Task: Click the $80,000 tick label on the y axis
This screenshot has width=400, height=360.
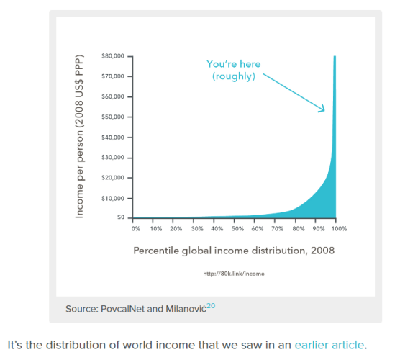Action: coord(114,55)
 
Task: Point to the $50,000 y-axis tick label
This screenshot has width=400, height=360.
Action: coord(114,117)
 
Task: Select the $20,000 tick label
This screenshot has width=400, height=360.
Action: coord(114,177)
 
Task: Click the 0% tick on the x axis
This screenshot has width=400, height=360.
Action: coord(136,228)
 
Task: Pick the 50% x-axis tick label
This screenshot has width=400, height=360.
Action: coord(237,228)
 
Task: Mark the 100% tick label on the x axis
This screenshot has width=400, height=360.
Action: coord(339,228)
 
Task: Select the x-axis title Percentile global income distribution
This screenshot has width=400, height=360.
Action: coord(234,251)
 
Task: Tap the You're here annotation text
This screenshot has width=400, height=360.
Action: coord(233,70)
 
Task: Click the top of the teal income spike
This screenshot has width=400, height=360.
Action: coord(335,58)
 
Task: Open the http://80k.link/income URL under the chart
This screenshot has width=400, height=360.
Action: coord(234,274)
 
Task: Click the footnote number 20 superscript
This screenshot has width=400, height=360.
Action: coord(211,305)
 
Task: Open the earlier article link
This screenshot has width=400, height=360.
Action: coord(329,345)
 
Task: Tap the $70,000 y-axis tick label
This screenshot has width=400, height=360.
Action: coord(114,76)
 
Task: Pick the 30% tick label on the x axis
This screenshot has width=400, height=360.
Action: coord(197,228)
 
